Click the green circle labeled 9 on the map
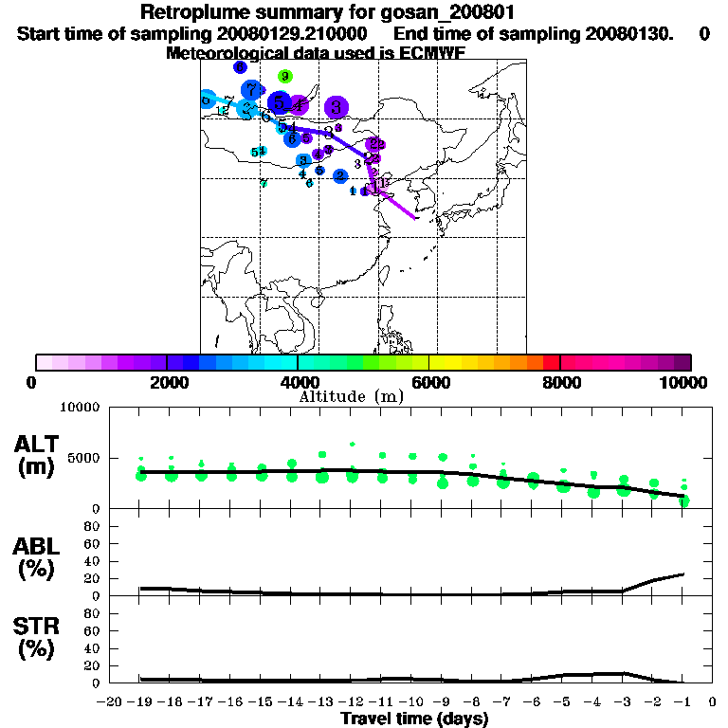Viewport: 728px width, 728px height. click(x=284, y=76)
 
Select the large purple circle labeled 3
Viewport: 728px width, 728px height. click(x=336, y=107)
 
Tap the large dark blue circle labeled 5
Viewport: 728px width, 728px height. click(x=278, y=101)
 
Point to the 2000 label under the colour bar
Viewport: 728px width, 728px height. click(x=166, y=382)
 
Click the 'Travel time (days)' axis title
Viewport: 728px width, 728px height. click(x=414, y=719)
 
